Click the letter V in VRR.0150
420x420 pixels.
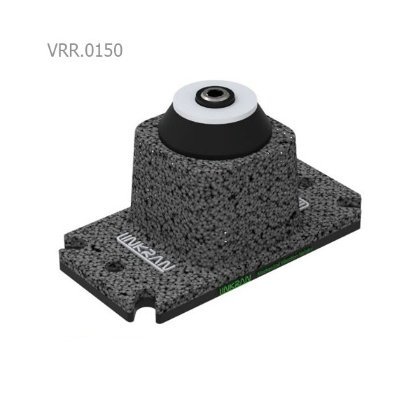point(54,52)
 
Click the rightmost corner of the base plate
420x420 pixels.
point(369,210)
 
